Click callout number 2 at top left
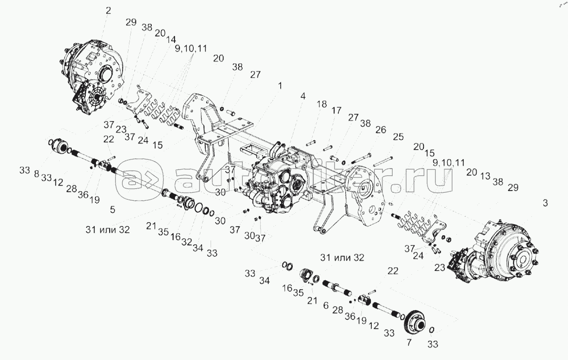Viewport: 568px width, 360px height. coord(108,11)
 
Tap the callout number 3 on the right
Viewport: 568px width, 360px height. coord(545,203)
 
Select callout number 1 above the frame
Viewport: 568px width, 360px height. coord(280,86)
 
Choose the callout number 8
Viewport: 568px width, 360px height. coord(37,174)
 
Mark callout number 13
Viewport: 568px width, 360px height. coord(485,176)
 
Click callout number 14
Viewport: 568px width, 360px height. coord(171,39)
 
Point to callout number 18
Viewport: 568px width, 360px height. coord(321,104)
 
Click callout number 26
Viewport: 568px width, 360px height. coord(381,130)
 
